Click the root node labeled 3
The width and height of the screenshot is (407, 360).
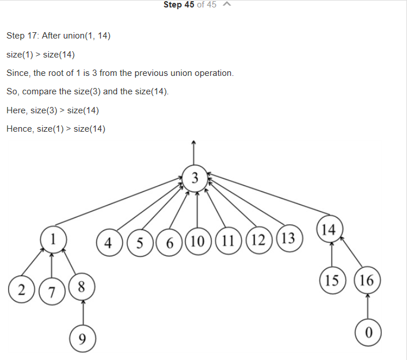195,177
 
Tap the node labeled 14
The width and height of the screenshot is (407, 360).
329,230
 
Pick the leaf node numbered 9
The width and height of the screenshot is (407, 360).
82,338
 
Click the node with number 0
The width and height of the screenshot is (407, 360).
368,333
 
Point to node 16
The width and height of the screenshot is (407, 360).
367,281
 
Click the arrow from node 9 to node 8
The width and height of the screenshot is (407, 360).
82,313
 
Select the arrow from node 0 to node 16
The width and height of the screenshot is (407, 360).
368,307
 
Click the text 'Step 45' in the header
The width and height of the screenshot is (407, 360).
178,5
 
